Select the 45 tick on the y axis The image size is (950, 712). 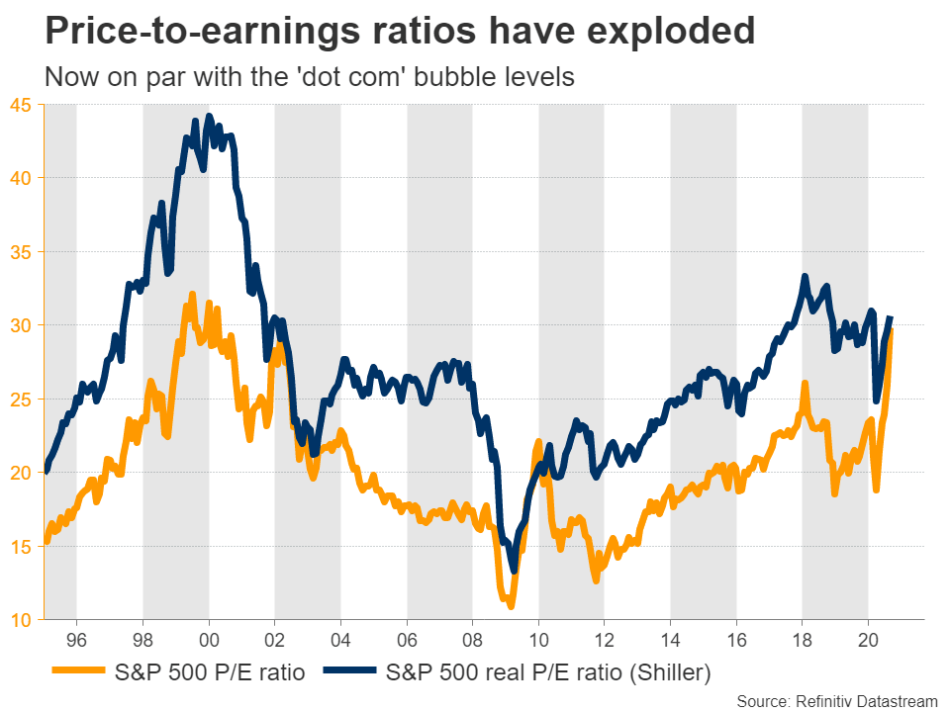point(21,104)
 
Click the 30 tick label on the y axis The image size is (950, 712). point(21,325)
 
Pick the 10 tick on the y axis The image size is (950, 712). point(21,620)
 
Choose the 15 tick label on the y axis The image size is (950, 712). point(21,547)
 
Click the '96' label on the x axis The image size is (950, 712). point(76,638)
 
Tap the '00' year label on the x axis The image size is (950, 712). point(209,638)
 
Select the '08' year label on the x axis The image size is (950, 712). point(472,638)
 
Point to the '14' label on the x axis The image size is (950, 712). point(670,638)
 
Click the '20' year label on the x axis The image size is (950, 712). point(868,638)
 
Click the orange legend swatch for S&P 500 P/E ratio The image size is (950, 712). point(76,673)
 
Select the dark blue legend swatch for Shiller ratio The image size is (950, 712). point(347,673)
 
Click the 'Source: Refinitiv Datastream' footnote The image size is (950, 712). point(837,700)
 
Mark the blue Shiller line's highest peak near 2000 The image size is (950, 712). point(208,116)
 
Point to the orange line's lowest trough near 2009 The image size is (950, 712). point(509,605)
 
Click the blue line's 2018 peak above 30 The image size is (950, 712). point(805,277)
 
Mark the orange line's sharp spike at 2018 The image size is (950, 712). point(805,383)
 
